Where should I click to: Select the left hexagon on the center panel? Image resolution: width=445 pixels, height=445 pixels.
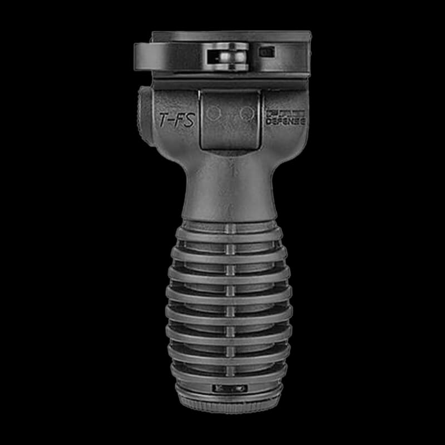[212, 113]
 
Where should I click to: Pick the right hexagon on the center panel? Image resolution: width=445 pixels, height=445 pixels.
[245, 113]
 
